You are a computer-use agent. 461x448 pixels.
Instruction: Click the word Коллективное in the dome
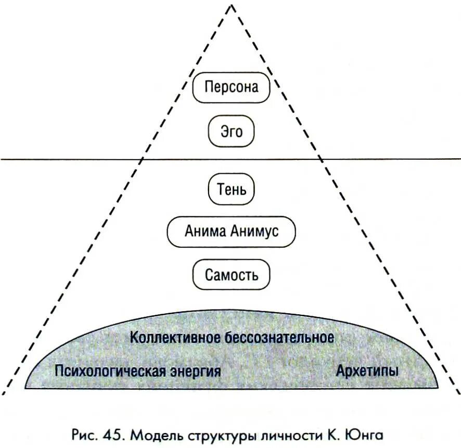(x=175, y=337)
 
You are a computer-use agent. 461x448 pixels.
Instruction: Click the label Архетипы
(x=367, y=372)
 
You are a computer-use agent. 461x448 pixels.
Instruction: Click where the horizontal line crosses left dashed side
(x=143, y=159)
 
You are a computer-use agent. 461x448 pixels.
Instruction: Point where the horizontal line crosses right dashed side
(x=319, y=159)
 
